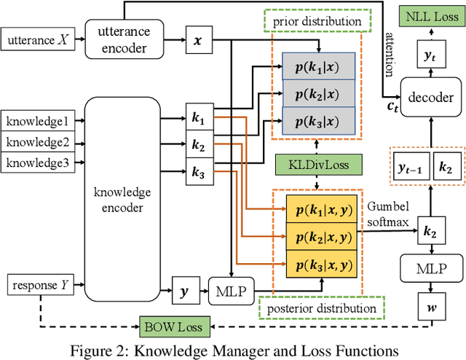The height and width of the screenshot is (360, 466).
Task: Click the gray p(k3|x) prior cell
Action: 315,119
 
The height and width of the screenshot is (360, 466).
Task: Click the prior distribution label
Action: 317,21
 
